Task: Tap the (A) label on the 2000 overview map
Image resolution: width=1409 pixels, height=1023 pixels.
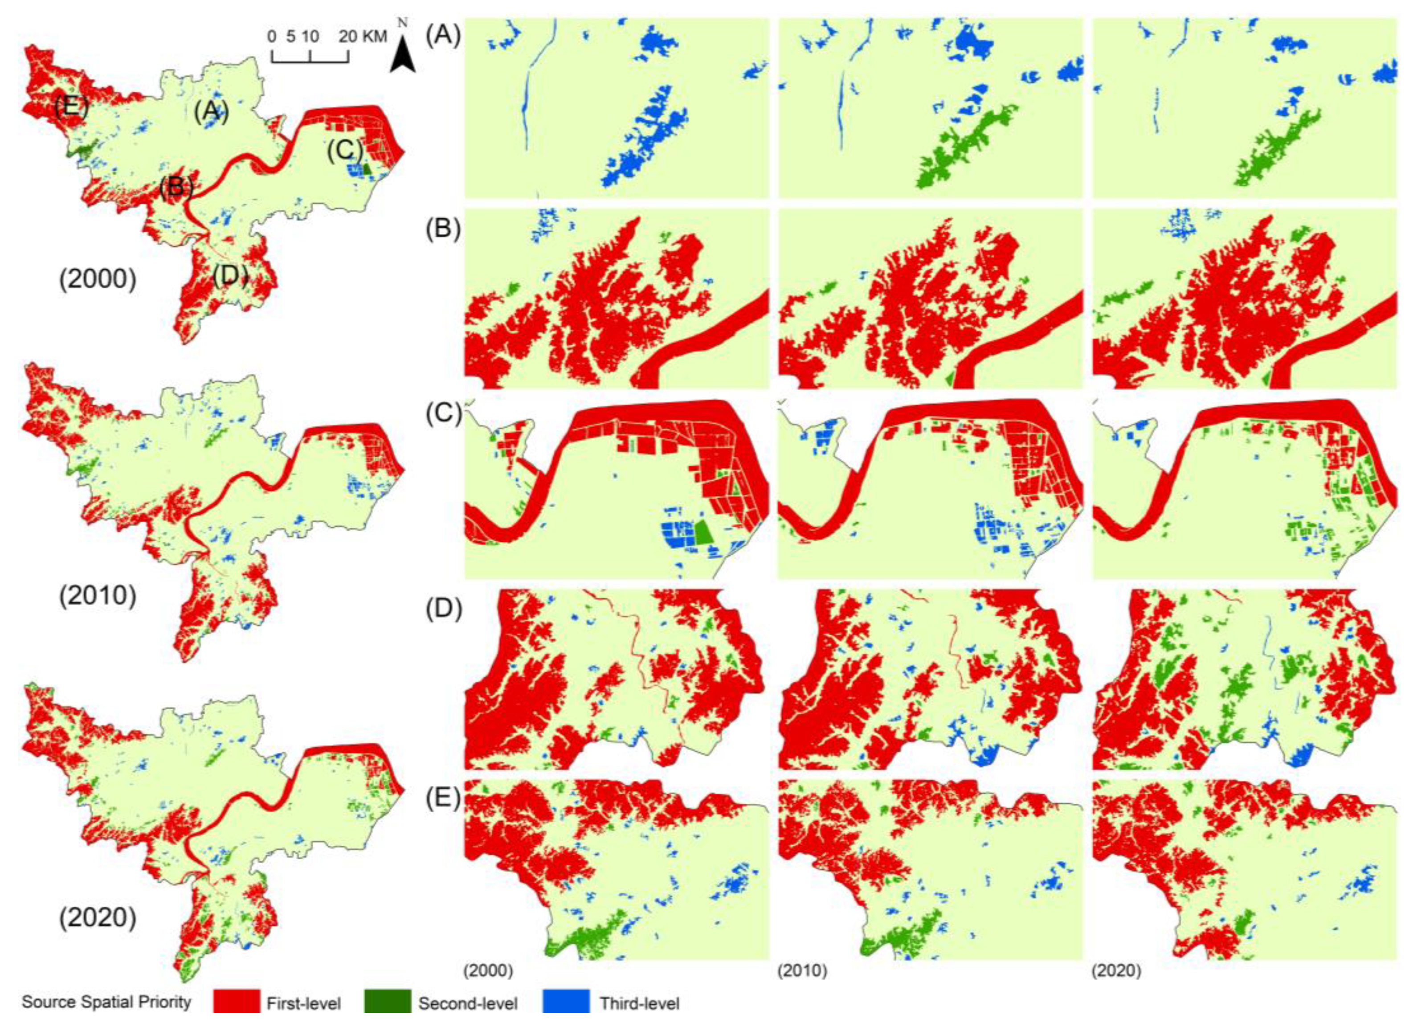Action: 211,112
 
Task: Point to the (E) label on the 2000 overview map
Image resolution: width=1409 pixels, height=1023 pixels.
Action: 70,107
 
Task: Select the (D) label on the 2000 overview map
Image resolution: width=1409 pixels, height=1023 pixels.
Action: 230,275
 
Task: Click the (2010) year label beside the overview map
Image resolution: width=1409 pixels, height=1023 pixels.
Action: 98,595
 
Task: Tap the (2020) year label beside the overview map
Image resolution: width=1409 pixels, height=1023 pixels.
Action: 98,917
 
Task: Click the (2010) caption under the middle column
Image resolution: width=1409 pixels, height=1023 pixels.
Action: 802,971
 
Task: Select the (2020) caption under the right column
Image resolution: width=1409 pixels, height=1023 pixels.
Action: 1116,971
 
